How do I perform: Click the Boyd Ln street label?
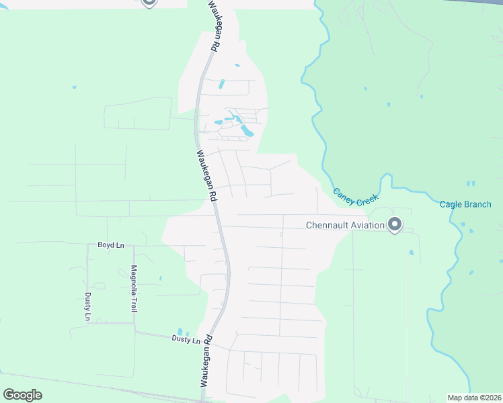point(111,245)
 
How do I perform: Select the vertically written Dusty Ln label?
point(87,306)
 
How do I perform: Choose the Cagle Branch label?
point(465,204)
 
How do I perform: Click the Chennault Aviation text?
point(345,225)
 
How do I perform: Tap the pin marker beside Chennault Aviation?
point(395,224)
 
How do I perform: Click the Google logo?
point(23,395)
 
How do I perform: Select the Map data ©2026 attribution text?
point(475,398)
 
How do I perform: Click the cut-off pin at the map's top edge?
point(149,3)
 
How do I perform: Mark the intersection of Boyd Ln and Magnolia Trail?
point(133,245)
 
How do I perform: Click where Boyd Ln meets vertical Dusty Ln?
point(87,245)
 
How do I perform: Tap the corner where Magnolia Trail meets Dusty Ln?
point(134,331)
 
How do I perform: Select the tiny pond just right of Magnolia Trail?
point(160,278)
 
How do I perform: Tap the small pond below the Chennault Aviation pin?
point(411,253)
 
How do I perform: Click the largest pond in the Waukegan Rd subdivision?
point(247,130)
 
